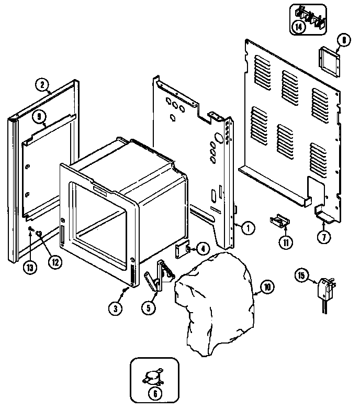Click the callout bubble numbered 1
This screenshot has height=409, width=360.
pos(249,227)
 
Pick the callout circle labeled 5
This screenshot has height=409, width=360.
pos(150,307)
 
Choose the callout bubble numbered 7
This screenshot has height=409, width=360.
pos(324,237)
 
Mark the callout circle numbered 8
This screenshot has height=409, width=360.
pos(343,39)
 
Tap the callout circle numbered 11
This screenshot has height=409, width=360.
pos(286,242)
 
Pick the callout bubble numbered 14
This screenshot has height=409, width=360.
pos(299,27)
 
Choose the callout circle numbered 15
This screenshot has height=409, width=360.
pos(301,273)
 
